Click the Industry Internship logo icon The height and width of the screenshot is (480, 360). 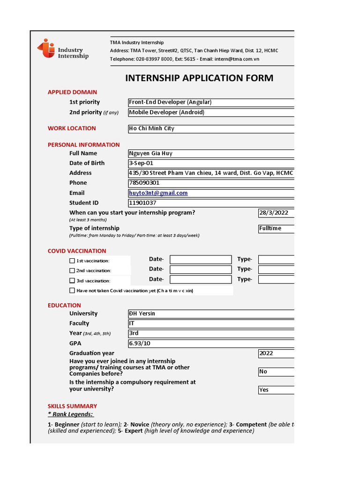(x=46, y=49)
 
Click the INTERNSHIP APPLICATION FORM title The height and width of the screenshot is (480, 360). (x=199, y=78)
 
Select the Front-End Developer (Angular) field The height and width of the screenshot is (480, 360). (x=211, y=102)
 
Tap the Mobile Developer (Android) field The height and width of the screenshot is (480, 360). (x=211, y=112)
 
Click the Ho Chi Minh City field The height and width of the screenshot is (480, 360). (x=211, y=128)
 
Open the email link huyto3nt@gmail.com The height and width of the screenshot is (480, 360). (x=158, y=193)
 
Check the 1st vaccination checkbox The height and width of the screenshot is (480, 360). (x=72, y=261)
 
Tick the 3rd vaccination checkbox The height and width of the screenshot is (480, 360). (x=72, y=281)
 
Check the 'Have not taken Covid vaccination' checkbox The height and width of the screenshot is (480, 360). (x=72, y=291)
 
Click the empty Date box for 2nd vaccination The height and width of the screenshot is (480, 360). (x=201, y=270)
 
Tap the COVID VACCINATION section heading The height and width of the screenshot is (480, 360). (x=77, y=251)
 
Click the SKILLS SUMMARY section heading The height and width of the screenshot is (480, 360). (x=72, y=406)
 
